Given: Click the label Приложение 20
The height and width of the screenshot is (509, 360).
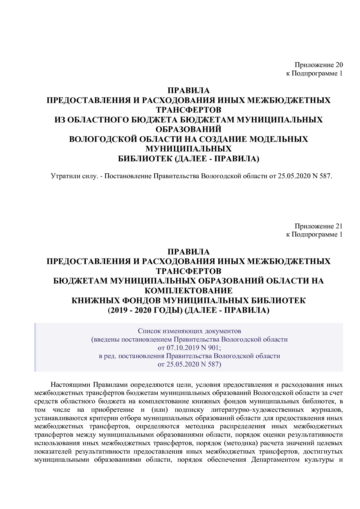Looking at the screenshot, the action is coord(318,65).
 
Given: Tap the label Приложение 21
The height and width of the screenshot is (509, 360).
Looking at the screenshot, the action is coord(318,226).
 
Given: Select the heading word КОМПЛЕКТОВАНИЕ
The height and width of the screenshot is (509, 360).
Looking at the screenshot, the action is coord(188,290).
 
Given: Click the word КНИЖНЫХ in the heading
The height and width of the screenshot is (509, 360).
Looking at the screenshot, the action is coord(93,300).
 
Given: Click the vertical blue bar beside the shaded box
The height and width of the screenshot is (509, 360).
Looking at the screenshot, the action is coord(35,347).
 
